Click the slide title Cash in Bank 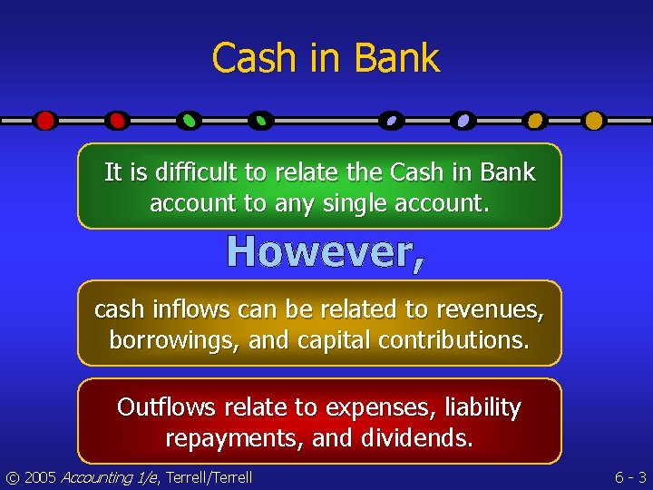(x=326, y=58)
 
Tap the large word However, (x=325, y=251)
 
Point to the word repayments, (x=234, y=439)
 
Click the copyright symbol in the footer (x=11, y=476)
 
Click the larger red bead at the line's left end (x=45, y=120)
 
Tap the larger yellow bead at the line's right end (x=594, y=120)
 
